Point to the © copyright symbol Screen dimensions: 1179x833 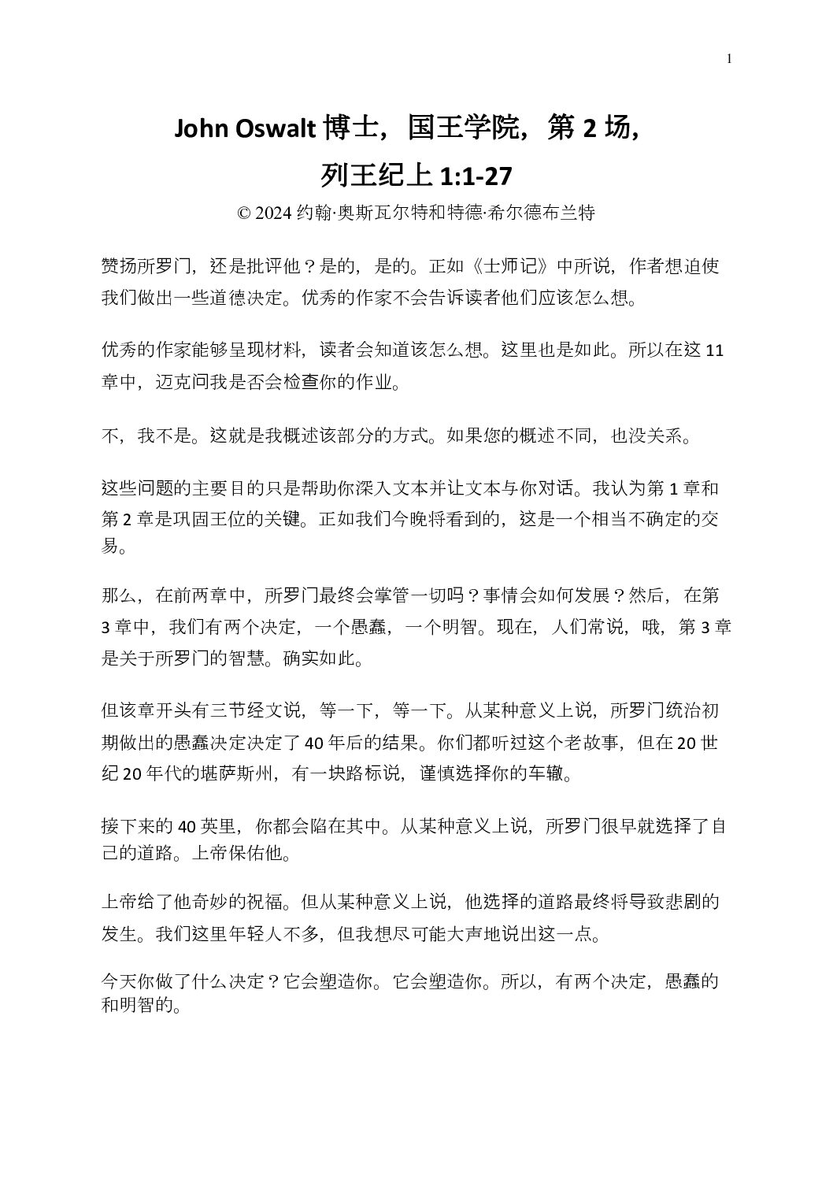pos(244,213)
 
